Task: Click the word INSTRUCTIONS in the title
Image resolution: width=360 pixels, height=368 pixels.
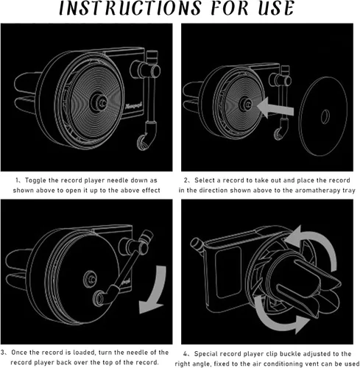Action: click(130, 8)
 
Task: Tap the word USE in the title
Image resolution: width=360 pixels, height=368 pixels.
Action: click(276, 8)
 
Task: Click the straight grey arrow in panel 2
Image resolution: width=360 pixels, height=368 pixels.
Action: click(275, 108)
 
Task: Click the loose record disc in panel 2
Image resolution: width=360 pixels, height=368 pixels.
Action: click(323, 116)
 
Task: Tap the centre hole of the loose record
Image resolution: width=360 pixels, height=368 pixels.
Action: click(325, 116)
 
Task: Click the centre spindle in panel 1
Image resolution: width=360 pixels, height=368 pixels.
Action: click(99, 102)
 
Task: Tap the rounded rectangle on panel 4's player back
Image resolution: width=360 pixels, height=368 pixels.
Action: click(227, 273)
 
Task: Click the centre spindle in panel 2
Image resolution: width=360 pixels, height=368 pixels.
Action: click(245, 104)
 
